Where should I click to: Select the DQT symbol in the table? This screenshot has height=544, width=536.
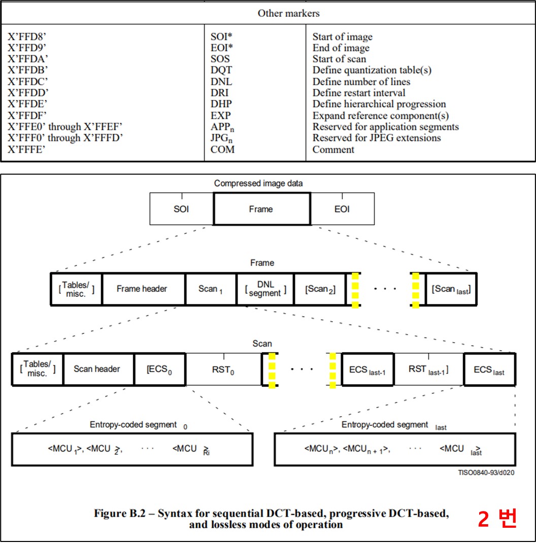pos(221,71)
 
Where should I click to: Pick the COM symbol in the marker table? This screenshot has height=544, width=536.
pos(222,149)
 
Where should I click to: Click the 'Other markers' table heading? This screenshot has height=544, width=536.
pos(289,13)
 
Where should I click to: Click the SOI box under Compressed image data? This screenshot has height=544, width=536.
pos(181,209)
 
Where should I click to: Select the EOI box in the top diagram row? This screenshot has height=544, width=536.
pos(342,209)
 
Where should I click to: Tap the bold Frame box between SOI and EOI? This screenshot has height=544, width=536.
pos(261,209)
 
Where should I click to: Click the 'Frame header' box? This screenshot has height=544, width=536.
pos(142,289)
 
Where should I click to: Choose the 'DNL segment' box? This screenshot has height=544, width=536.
pos(265,289)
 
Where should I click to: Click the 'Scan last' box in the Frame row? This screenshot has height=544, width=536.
pos(451,289)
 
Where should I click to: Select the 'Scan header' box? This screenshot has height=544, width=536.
pos(96,369)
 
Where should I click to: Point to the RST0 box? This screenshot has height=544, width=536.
pos(223,369)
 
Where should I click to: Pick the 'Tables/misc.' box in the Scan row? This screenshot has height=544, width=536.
pos(37,369)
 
